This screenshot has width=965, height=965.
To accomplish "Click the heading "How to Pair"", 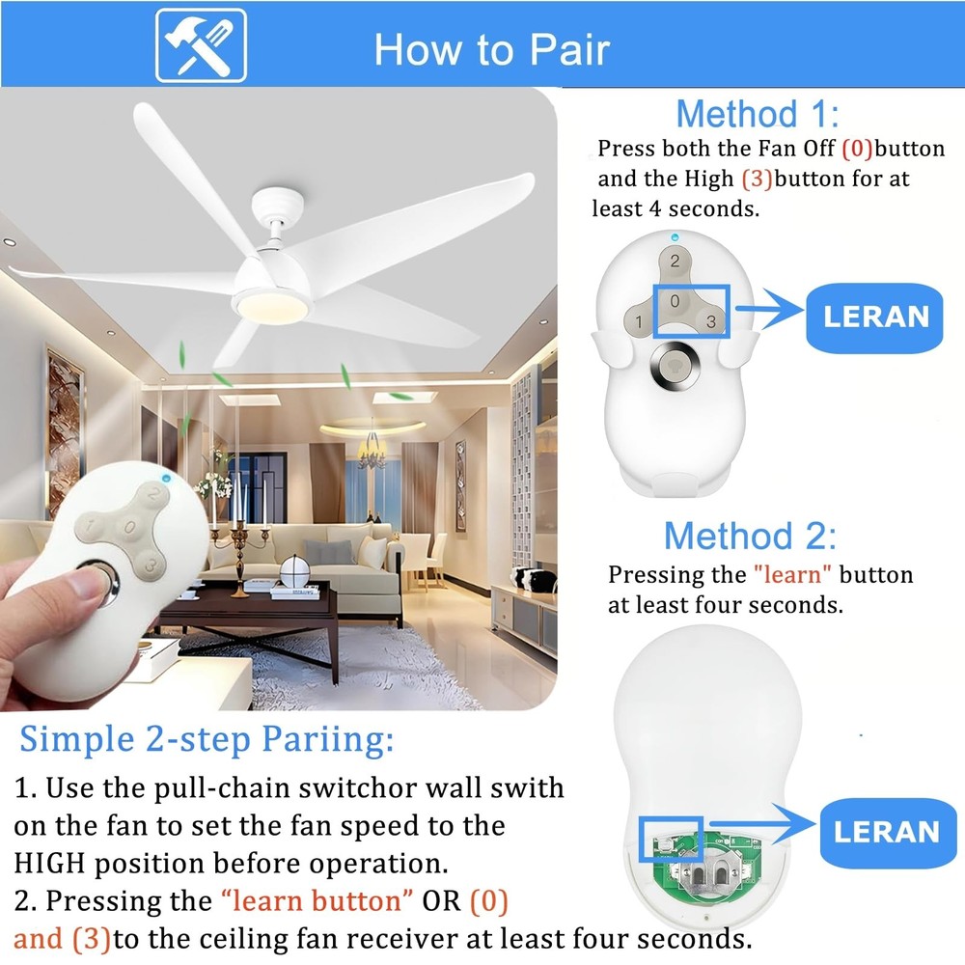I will [x=492, y=49].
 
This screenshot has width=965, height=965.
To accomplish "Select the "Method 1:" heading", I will [x=757, y=114].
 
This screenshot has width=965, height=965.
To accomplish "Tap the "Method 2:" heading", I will [x=750, y=535].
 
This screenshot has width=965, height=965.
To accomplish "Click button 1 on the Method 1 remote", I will [x=639, y=321].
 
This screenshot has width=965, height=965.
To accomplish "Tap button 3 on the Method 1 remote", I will [x=710, y=322].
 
